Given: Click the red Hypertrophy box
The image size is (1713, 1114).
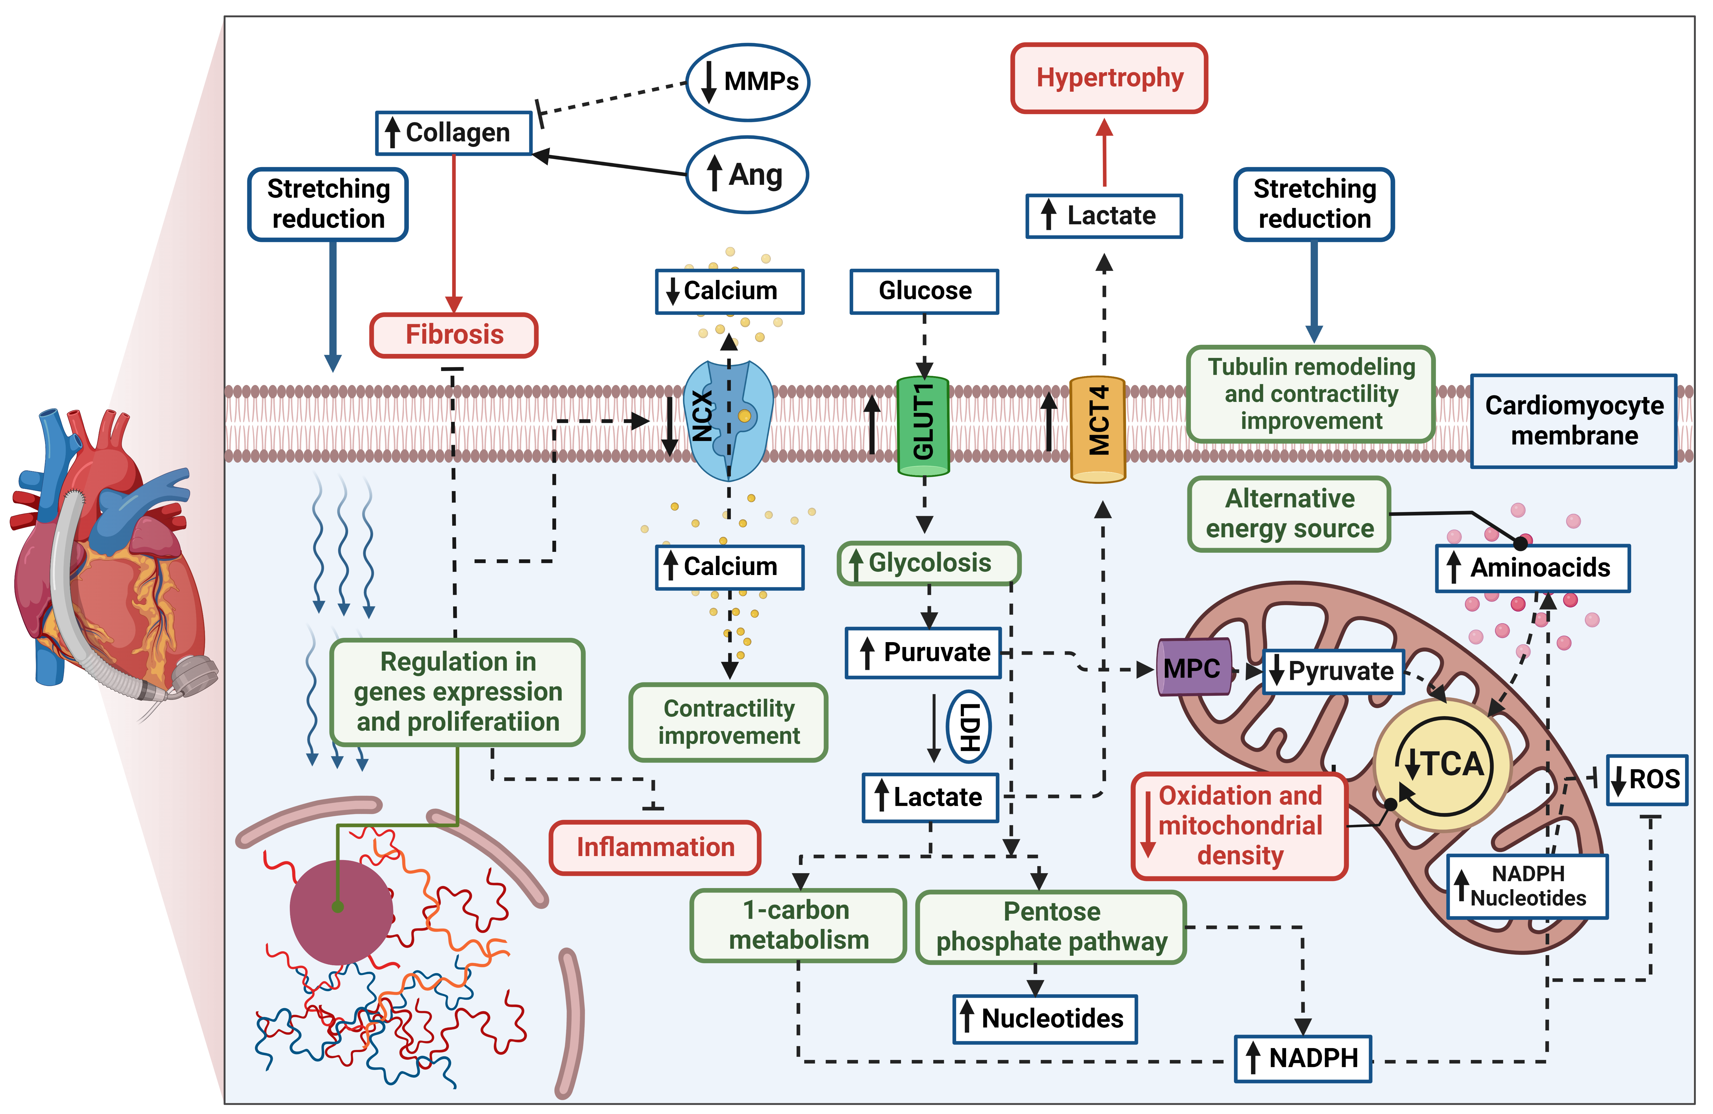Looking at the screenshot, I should pyautogui.click(x=1109, y=78).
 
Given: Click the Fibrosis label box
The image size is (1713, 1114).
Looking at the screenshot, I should pyautogui.click(x=454, y=335).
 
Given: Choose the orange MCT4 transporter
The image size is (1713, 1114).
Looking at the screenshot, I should pyautogui.click(x=1098, y=428).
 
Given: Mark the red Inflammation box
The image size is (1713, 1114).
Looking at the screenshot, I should pyautogui.click(x=655, y=847).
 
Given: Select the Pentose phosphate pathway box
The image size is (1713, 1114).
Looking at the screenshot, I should pyautogui.click(x=1051, y=927).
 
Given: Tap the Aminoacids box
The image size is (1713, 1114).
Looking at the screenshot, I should pyautogui.click(x=1533, y=568).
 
